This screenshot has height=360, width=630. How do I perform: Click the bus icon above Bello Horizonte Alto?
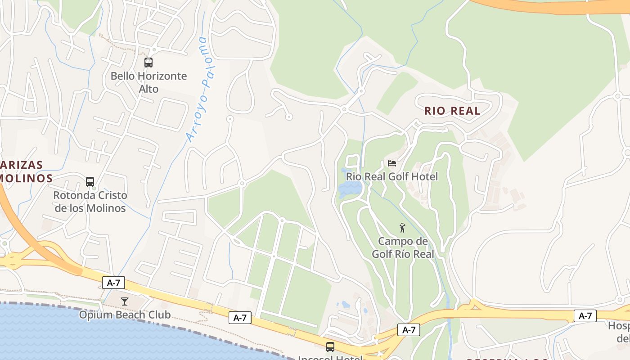(148, 63)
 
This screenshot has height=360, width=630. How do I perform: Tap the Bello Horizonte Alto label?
(148, 82)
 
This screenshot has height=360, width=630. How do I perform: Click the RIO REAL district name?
(452, 111)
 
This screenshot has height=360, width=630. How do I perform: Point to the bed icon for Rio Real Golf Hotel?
(392, 163)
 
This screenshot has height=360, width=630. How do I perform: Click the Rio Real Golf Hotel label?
(391, 176)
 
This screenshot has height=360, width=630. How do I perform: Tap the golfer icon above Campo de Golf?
(402, 228)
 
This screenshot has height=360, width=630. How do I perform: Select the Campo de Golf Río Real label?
(403, 247)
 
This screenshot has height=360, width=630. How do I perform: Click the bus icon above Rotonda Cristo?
(90, 182)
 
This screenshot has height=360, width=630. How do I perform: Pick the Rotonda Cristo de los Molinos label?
(90, 202)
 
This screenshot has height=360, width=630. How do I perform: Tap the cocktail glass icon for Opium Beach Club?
(125, 301)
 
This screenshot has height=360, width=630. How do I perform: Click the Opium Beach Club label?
(125, 314)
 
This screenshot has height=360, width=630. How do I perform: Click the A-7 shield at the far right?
(585, 316)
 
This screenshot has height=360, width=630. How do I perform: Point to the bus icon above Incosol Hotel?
(330, 346)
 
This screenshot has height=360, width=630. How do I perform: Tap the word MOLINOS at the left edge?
(26, 178)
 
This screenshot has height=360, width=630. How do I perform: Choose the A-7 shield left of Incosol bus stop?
(240, 318)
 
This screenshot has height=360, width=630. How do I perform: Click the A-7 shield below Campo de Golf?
(409, 330)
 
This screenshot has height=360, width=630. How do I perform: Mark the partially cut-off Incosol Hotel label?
(330, 357)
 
